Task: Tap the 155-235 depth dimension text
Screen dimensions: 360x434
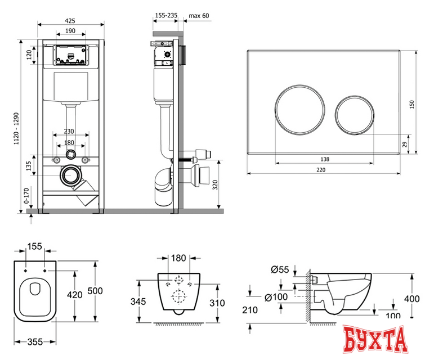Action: pyautogui.click(x=164, y=16)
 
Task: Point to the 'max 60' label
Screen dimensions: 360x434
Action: pyautogui.click(x=199, y=16)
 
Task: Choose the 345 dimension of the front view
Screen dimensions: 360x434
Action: pyautogui.click(x=138, y=302)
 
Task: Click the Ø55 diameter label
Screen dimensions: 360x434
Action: pyautogui.click(x=280, y=270)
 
